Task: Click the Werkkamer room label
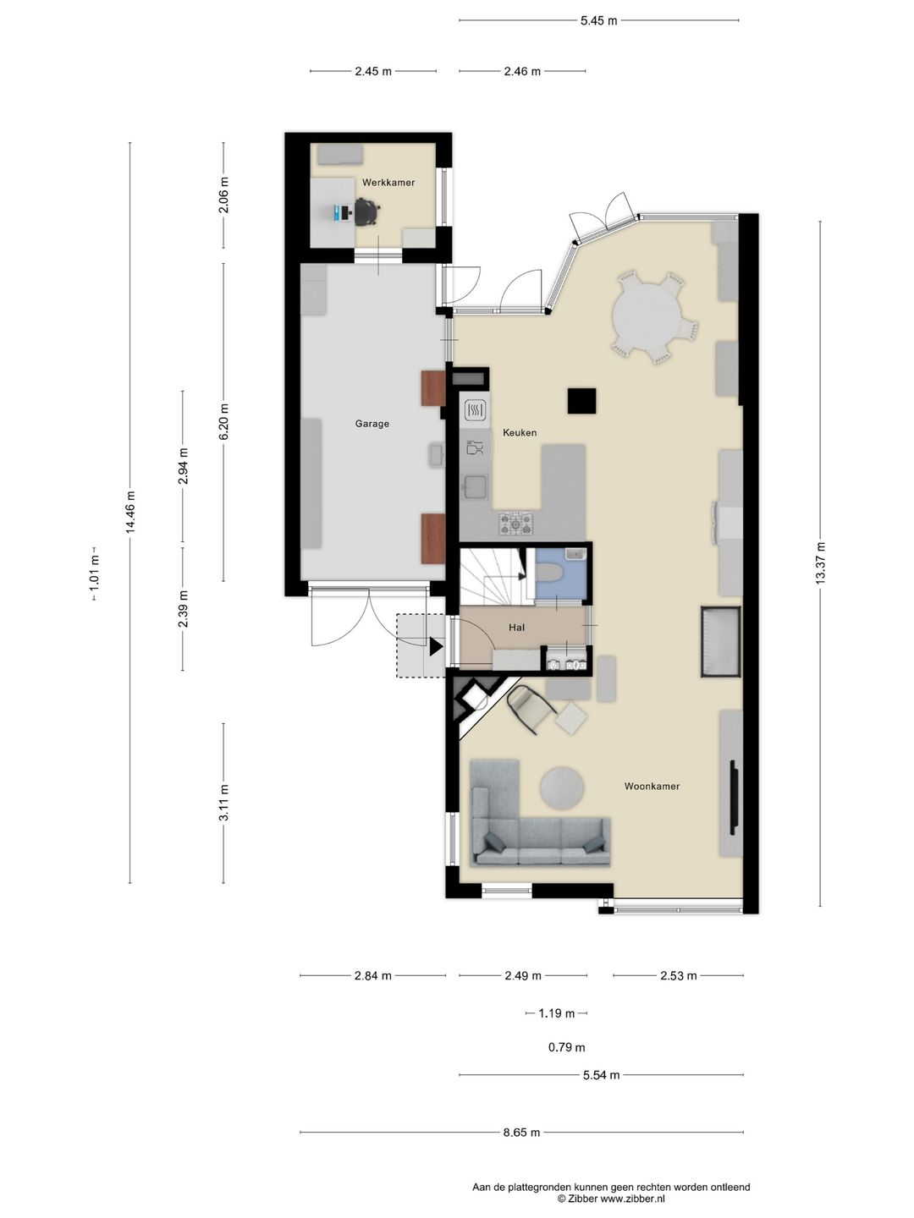pos(388,182)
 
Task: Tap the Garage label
pos(372,424)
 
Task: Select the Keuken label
pos(520,432)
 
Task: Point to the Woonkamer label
pos(652,786)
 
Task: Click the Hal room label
pos(516,627)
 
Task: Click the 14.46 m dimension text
pos(130,512)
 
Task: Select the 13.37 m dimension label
pos(821,562)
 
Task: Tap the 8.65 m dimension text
pos(521,1132)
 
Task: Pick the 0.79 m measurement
pos(567,1047)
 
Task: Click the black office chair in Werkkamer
pos(366,211)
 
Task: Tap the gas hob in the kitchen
pos(515,523)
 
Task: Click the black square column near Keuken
pos(581,401)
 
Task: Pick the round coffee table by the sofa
pos(562,787)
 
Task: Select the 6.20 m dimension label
pos(223,422)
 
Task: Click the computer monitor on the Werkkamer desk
pos(338,212)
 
